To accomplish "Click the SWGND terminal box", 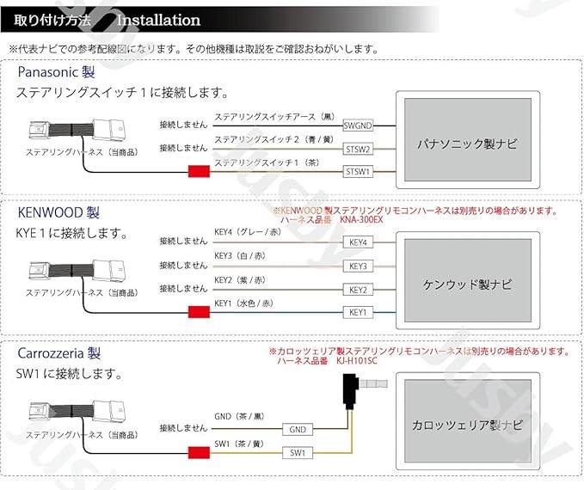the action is [357, 125].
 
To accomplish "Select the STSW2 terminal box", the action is [357, 149].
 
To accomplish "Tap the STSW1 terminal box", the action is [357, 172].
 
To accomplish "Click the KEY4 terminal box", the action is [358, 242].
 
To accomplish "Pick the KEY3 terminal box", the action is [358, 266].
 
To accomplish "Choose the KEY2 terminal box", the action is [358, 289].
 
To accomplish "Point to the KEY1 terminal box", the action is [358, 312].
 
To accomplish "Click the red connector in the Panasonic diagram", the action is [199, 172].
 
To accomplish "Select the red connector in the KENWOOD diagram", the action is [199, 312].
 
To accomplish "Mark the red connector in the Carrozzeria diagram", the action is [199, 452].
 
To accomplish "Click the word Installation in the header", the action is [158, 20].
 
